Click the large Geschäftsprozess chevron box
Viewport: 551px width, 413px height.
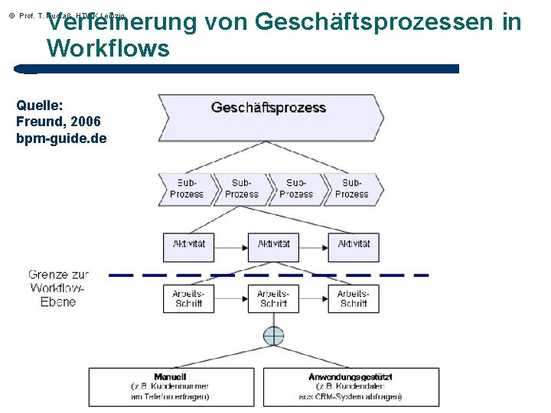click(x=269, y=117)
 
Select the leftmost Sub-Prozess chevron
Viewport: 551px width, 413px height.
click(x=185, y=189)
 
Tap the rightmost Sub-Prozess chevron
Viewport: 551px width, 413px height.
click(x=351, y=189)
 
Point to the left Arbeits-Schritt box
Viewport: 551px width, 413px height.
click(x=188, y=298)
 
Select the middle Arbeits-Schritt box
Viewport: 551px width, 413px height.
click(x=273, y=298)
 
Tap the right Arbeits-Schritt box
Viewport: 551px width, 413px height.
click(x=354, y=298)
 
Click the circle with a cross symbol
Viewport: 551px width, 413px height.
click(x=273, y=336)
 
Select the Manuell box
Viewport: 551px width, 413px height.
click(x=171, y=387)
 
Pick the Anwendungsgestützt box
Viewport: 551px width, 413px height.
click(x=351, y=387)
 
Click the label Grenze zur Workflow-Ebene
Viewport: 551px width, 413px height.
click(x=59, y=288)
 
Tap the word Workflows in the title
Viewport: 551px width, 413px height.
click(x=108, y=49)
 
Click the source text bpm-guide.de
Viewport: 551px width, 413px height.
click(x=61, y=138)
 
